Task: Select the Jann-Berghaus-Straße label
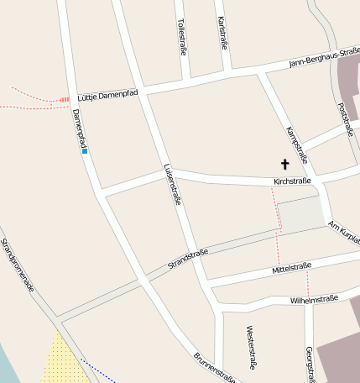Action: tap(324, 57)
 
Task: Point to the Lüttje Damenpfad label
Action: tap(107, 95)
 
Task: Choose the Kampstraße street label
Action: tap(297, 144)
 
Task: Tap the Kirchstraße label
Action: tap(292, 181)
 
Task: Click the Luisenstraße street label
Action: tap(173, 184)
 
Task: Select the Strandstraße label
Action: tap(188, 259)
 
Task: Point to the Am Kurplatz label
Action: tap(344, 233)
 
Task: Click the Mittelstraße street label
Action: tap(292, 269)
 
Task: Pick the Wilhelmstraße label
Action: tap(314, 298)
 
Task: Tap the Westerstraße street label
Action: tap(250, 348)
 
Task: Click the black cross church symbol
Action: tap(284, 164)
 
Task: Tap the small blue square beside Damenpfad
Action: tap(85, 151)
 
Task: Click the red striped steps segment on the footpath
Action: tap(65, 99)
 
